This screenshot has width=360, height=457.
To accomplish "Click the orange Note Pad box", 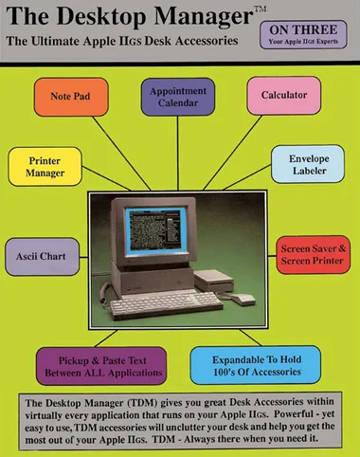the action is pyautogui.click(x=71, y=97).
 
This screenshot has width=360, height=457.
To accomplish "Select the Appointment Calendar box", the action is pyautogui.click(x=178, y=97).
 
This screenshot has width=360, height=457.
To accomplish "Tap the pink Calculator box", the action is pyautogui.click(x=284, y=96).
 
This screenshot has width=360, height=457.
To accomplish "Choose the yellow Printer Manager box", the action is pyautogui.click(x=45, y=167).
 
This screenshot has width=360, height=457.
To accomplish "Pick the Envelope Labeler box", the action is pyautogui.click(x=308, y=164).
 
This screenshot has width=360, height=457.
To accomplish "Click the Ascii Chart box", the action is pyautogui.click(x=42, y=257).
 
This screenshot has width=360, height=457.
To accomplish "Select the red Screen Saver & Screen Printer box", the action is pyautogui.click(x=313, y=255).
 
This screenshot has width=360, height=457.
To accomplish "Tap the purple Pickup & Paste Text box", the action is pyautogui.click(x=101, y=366).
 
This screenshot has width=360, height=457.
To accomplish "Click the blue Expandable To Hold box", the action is pyautogui.click(x=256, y=365).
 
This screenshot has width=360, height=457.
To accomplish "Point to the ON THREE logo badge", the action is pyautogui.click(x=303, y=35).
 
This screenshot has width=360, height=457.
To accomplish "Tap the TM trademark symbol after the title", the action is pyautogui.click(x=261, y=9).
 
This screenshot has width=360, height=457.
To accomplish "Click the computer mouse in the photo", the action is pyautogui.click(x=243, y=299).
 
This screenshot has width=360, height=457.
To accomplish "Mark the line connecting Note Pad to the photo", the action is pyautogui.click(x=121, y=154).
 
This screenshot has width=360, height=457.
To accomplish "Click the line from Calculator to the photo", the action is pyautogui.click(x=233, y=153).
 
